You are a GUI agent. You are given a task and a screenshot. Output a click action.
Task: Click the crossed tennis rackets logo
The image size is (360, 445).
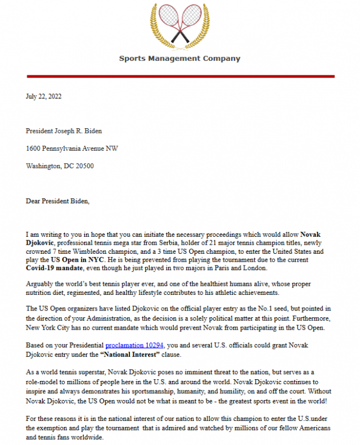click(180, 25)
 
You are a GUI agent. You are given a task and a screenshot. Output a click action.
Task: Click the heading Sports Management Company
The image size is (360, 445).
click(179, 59)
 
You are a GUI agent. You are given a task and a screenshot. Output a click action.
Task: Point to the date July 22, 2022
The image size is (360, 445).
click(44, 96)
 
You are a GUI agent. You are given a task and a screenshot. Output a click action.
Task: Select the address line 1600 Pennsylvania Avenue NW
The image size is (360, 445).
click(72, 149)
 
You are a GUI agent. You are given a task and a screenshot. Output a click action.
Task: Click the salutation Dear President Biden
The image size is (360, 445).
click(58, 201)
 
